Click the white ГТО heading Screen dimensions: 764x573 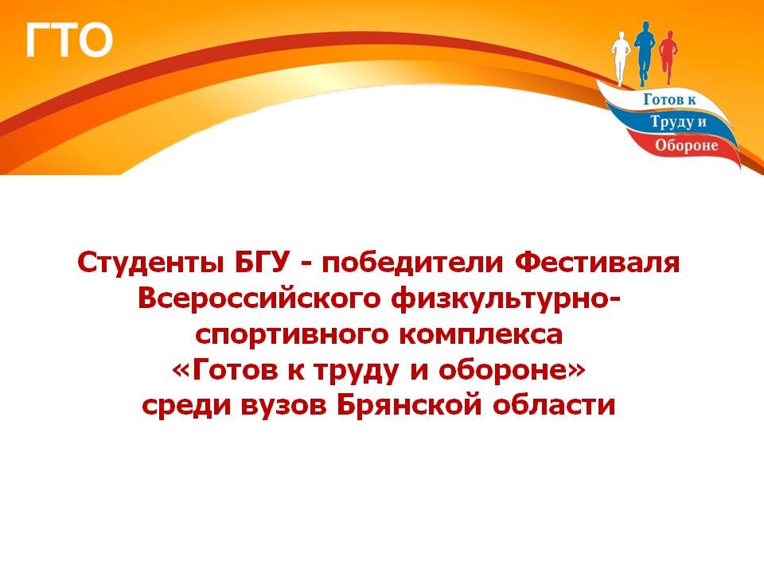68,40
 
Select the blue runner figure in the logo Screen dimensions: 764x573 645,53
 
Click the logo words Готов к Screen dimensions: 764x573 669,100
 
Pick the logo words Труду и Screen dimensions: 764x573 678,122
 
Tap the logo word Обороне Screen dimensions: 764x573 687,145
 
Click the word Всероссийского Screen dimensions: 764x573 259,298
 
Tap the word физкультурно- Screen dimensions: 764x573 506,300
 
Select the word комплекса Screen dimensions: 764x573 481,334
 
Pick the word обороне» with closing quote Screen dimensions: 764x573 512,370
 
